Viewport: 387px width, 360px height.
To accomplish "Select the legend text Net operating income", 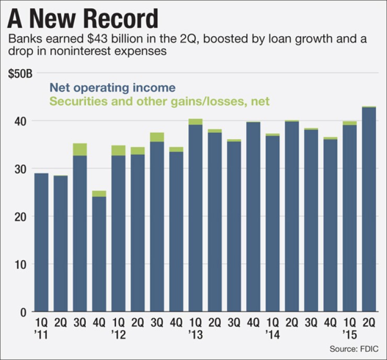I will pos(112,87).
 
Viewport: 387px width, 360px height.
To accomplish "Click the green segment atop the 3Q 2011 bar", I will pos(80,149).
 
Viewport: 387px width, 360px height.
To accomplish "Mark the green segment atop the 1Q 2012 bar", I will pos(118,150).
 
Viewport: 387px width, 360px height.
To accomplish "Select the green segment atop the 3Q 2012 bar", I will pos(157,137).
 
